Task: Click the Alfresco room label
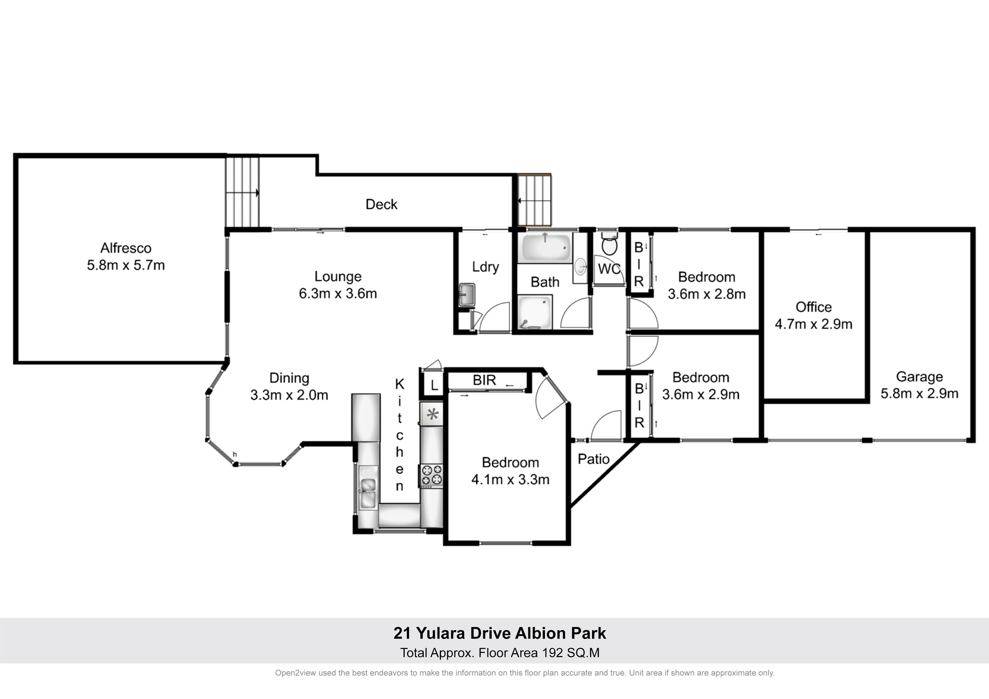[126, 248]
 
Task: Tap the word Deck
[381, 204]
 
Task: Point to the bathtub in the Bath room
[546, 248]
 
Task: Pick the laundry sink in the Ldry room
[467, 295]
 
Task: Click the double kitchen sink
[368, 488]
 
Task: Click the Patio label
[593, 459]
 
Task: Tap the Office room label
[813, 307]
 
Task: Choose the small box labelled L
[434, 385]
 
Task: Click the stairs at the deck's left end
[242, 193]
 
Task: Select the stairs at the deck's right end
[534, 200]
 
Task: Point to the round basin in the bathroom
[581, 267]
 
